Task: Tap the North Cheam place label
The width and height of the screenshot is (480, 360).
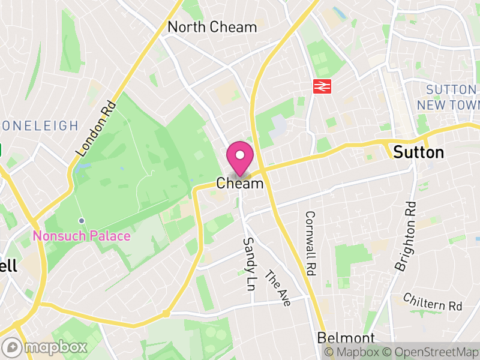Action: pyautogui.click(x=212, y=27)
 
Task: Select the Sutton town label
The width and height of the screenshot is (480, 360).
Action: pyautogui.click(x=419, y=152)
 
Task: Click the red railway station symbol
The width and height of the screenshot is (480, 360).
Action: pyautogui.click(x=322, y=86)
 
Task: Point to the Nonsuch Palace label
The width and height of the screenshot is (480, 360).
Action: pyautogui.click(x=82, y=236)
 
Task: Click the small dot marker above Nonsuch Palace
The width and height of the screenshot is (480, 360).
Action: pyautogui.click(x=82, y=221)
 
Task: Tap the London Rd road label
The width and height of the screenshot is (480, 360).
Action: pyautogui.click(x=95, y=128)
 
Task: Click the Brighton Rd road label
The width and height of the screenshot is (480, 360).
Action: pyautogui.click(x=406, y=236)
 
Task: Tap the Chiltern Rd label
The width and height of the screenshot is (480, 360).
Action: pyautogui.click(x=433, y=301)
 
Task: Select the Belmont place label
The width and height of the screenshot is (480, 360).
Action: pyautogui.click(x=346, y=338)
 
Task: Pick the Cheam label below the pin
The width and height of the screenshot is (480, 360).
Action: pyautogui.click(x=240, y=184)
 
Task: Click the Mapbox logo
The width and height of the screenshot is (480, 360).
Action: pyautogui.click(x=45, y=347)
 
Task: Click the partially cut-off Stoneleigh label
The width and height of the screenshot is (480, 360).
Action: pyautogui.click(x=39, y=125)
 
